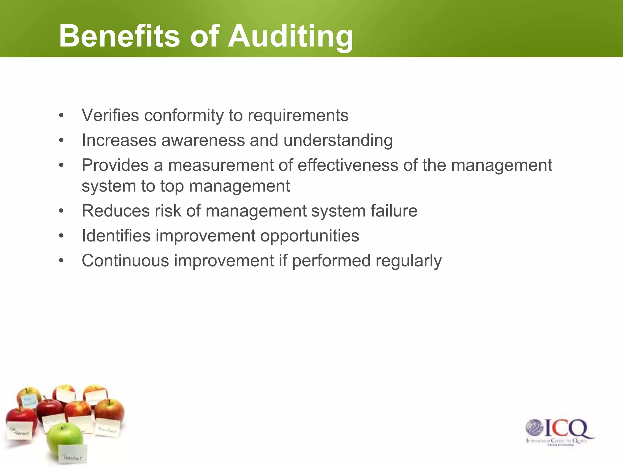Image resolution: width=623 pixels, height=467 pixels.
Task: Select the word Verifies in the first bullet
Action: [x=110, y=116]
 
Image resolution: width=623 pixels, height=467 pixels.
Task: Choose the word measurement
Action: [x=221, y=165]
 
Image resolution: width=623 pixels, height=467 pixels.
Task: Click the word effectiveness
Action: [x=348, y=165]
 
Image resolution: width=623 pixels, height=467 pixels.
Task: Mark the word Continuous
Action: [x=125, y=261]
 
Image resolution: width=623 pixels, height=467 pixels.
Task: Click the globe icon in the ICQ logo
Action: [x=534, y=428]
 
